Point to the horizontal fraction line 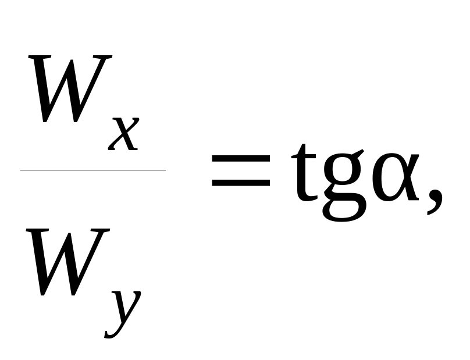(x=93, y=170)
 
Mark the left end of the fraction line (x=22, y=170)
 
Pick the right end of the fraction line (x=164, y=170)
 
